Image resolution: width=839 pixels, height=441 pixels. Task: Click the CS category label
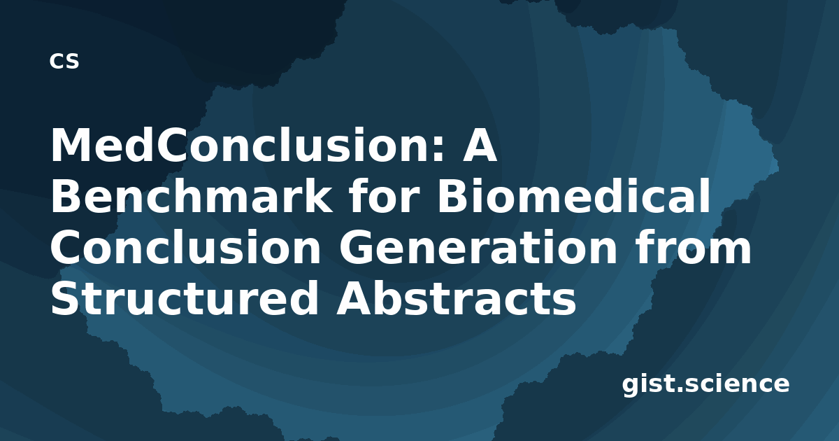pyautogui.click(x=64, y=61)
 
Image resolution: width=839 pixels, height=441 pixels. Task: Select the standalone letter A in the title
pyautogui.click(x=480, y=145)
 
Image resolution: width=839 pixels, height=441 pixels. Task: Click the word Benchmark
pyautogui.click(x=191, y=195)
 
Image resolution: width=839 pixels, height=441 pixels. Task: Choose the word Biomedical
pyautogui.click(x=573, y=195)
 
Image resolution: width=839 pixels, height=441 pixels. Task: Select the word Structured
pyautogui.click(x=185, y=298)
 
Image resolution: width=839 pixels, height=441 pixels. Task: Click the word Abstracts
pyautogui.click(x=456, y=298)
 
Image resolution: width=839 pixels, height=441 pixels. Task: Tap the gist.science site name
pyautogui.click(x=705, y=385)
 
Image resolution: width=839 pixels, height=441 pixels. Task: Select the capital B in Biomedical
pyautogui.click(x=453, y=196)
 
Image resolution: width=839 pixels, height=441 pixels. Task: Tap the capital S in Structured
pyautogui.click(x=66, y=298)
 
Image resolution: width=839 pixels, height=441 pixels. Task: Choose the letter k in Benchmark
pyautogui.click(x=317, y=195)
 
